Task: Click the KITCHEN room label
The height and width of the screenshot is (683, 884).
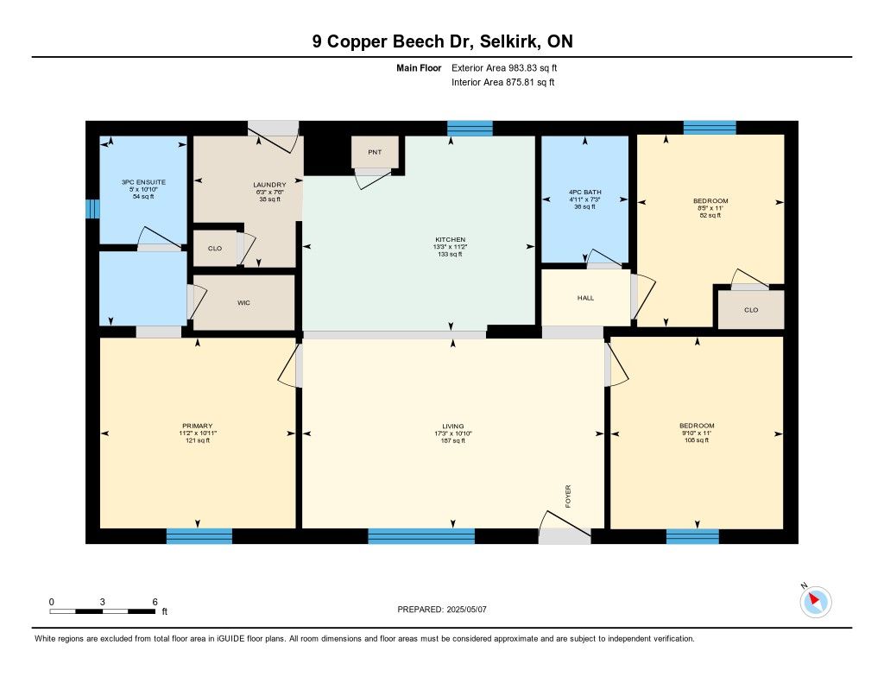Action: [451, 240]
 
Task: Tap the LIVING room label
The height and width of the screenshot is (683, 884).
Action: [452, 427]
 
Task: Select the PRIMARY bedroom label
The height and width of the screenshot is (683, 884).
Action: [198, 426]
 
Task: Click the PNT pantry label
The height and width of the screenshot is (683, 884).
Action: [375, 152]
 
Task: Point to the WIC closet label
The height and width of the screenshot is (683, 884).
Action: [243, 303]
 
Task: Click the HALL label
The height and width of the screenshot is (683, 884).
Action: [586, 298]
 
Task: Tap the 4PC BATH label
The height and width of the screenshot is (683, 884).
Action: [585, 193]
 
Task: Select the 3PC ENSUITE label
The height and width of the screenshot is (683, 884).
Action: [144, 182]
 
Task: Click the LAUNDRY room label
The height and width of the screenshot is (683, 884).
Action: [269, 185]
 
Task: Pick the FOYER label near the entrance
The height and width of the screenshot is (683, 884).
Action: [568, 496]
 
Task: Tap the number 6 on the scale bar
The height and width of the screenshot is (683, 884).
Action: [155, 602]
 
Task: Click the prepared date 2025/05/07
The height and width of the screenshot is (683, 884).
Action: [467, 609]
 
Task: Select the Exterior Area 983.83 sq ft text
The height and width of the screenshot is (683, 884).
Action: [504, 67]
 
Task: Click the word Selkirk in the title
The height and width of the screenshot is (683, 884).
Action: [511, 41]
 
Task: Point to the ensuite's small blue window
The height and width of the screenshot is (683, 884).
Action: [92, 209]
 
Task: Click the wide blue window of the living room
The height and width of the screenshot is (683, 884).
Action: [421, 536]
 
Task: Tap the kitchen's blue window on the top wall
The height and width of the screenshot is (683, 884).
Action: [470, 128]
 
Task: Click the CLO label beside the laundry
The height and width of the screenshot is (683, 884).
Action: [215, 248]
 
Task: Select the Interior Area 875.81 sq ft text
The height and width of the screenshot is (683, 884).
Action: [503, 82]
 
